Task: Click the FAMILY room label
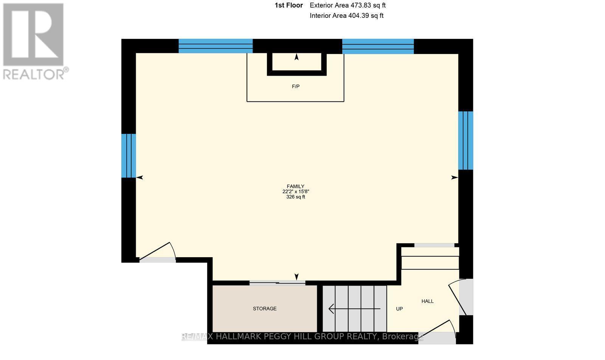[295, 186]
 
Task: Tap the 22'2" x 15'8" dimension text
[296, 191]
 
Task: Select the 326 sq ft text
[295, 197]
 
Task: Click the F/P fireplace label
[296, 87]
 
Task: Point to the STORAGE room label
[265, 309]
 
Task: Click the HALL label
[427, 301]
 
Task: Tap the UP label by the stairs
[399, 309]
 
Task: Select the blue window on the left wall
[129, 155]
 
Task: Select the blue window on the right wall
[465, 140]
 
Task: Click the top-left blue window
[216, 46]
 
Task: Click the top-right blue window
[378, 46]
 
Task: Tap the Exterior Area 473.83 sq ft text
[347, 5]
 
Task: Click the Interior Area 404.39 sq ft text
[346, 16]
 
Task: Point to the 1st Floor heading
[289, 5]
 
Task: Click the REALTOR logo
[35, 42]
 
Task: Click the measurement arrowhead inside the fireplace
[296, 57]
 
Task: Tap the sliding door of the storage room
[277, 282]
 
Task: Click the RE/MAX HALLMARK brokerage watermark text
[302, 336]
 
